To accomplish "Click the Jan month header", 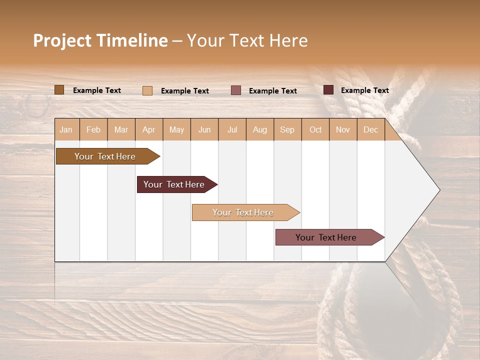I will pyautogui.click(x=66, y=129).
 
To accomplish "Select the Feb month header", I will pyautogui.click(x=93, y=129).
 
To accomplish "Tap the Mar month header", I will pyautogui.click(x=121, y=129).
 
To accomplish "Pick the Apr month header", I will pyautogui.click(x=149, y=129).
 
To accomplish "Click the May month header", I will pyautogui.click(x=176, y=129).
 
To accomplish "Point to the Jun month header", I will pyautogui.click(x=204, y=129).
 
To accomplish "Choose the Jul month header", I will pyautogui.click(x=232, y=129).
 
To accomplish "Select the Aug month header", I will pyautogui.click(x=260, y=129).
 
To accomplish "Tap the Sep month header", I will pyautogui.click(x=287, y=129).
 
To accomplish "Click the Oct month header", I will pyautogui.click(x=315, y=129).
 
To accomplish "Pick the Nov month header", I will pyautogui.click(x=343, y=129).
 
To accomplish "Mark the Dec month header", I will pyautogui.click(x=371, y=129).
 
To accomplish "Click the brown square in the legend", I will pyautogui.click(x=59, y=90).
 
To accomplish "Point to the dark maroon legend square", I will pyautogui.click(x=328, y=90).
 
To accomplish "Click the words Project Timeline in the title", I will pyautogui.click(x=100, y=40).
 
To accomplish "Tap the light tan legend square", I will pyautogui.click(x=147, y=90).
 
